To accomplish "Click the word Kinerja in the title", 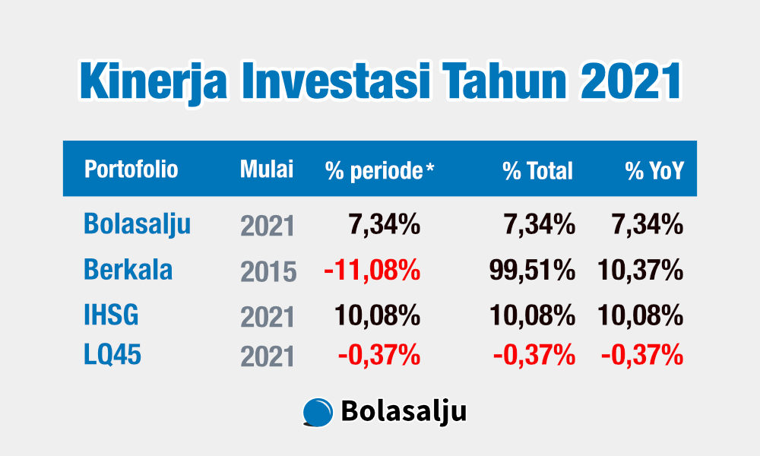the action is pyautogui.click(x=153, y=81).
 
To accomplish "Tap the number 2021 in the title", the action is pyautogui.click(x=631, y=81).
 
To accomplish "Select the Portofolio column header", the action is pyautogui.click(x=131, y=169).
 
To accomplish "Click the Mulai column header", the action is pyautogui.click(x=267, y=169).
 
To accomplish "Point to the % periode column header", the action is pyautogui.click(x=379, y=170).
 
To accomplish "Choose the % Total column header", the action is pyautogui.click(x=537, y=170).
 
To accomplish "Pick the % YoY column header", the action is pyautogui.click(x=654, y=170).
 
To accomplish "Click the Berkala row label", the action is pyautogui.click(x=128, y=270).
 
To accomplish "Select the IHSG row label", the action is pyautogui.click(x=111, y=315).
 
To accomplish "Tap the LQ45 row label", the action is pyautogui.click(x=112, y=354).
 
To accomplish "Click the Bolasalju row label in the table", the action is pyautogui.click(x=137, y=224).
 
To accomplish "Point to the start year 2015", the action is pyautogui.click(x=268, y=272).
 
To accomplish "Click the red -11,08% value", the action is pyautogui.click(x=372, y=270).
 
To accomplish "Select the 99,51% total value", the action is pyautogui.click(x=532, y=270).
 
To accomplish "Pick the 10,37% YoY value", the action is pyautogui.click(x=640, y=270).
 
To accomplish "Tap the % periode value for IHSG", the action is pyautogui.click(x=377, y=315).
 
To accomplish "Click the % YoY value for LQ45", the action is pyautogui.click(x=642, y=355).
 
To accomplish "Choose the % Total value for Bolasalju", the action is pyautogui.click(x=540, y=225).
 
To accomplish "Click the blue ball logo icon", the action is pyautogui.click(x=318, y=413).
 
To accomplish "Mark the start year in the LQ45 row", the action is pyautogui.click(x=268, y=357).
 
